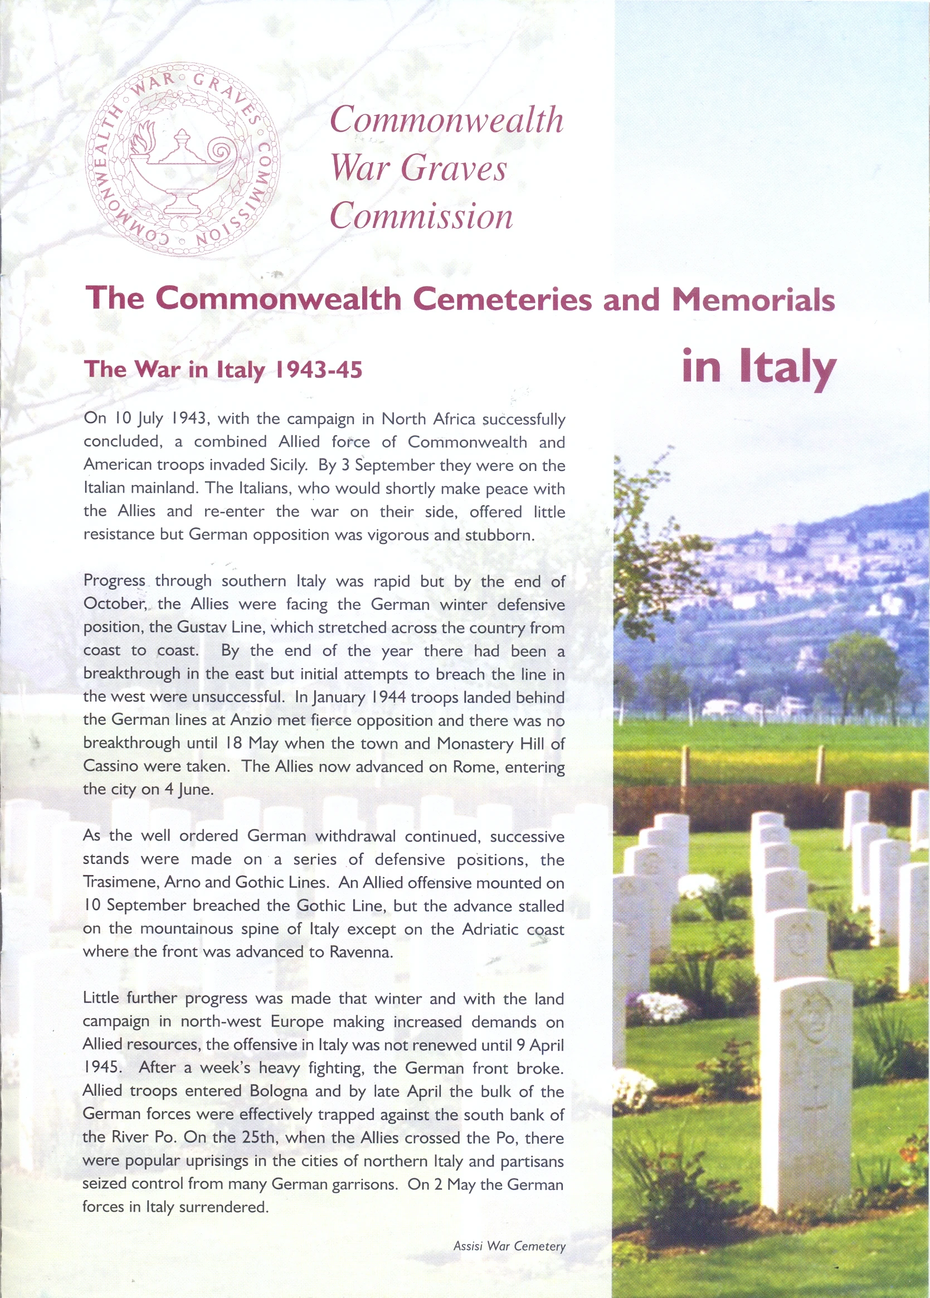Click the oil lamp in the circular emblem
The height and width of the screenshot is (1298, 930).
(x=183, y=172)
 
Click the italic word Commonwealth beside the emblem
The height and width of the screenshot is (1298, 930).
(x=446, y=121)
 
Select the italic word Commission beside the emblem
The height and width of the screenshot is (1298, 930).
(x=421, y=217)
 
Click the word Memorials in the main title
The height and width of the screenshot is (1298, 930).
(x=753, y=299)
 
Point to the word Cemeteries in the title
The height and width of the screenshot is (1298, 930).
(x=502, y=299)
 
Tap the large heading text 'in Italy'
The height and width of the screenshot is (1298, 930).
(x=759, y=367)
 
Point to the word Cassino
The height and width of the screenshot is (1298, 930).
(x=109, y=766)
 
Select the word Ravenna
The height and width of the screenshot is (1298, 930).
(x=361, y=952)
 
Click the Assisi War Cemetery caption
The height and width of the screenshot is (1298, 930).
(x=509, y=1246)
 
